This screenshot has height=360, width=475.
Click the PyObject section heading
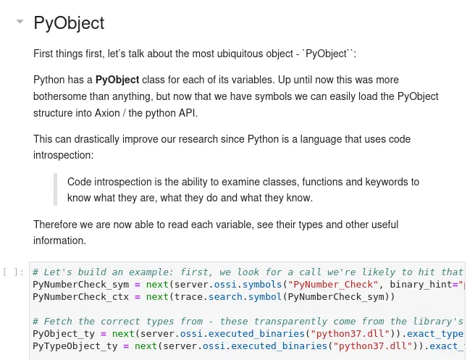(x=69, y=23)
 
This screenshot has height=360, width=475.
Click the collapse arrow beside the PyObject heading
(x=20, y=22)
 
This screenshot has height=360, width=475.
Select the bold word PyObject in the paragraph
(x=117, y=80)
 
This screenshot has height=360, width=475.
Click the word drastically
(x=96, y=139)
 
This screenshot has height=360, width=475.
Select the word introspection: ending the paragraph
(x=63, y=155)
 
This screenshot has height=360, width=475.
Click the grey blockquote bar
(x=55, y=189)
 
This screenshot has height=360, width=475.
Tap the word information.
(x=59, y=240)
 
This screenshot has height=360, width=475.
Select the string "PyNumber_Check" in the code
(x=333, y=285)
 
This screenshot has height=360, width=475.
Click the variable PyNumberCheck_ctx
(x=81, y=297)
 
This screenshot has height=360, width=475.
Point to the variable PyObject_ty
(x=64, y=334)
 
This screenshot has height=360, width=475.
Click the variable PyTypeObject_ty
(x=75, y=346)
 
